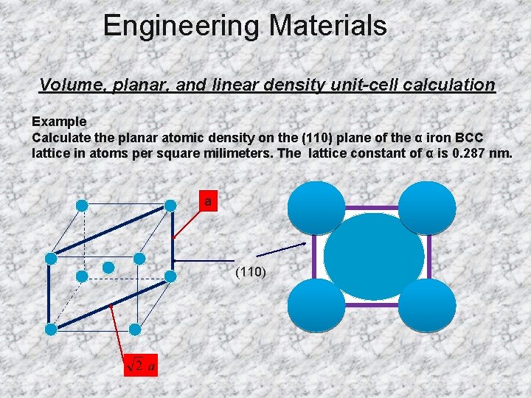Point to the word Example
point(59,121)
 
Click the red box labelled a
point(208,200)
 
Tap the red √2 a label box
point(141,365)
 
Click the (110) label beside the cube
point(251,272)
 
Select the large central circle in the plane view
point(374,256)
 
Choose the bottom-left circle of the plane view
point(316,305)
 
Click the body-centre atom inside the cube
point(108,266)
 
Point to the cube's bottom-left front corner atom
point(51,328)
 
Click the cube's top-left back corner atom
point(82,205)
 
